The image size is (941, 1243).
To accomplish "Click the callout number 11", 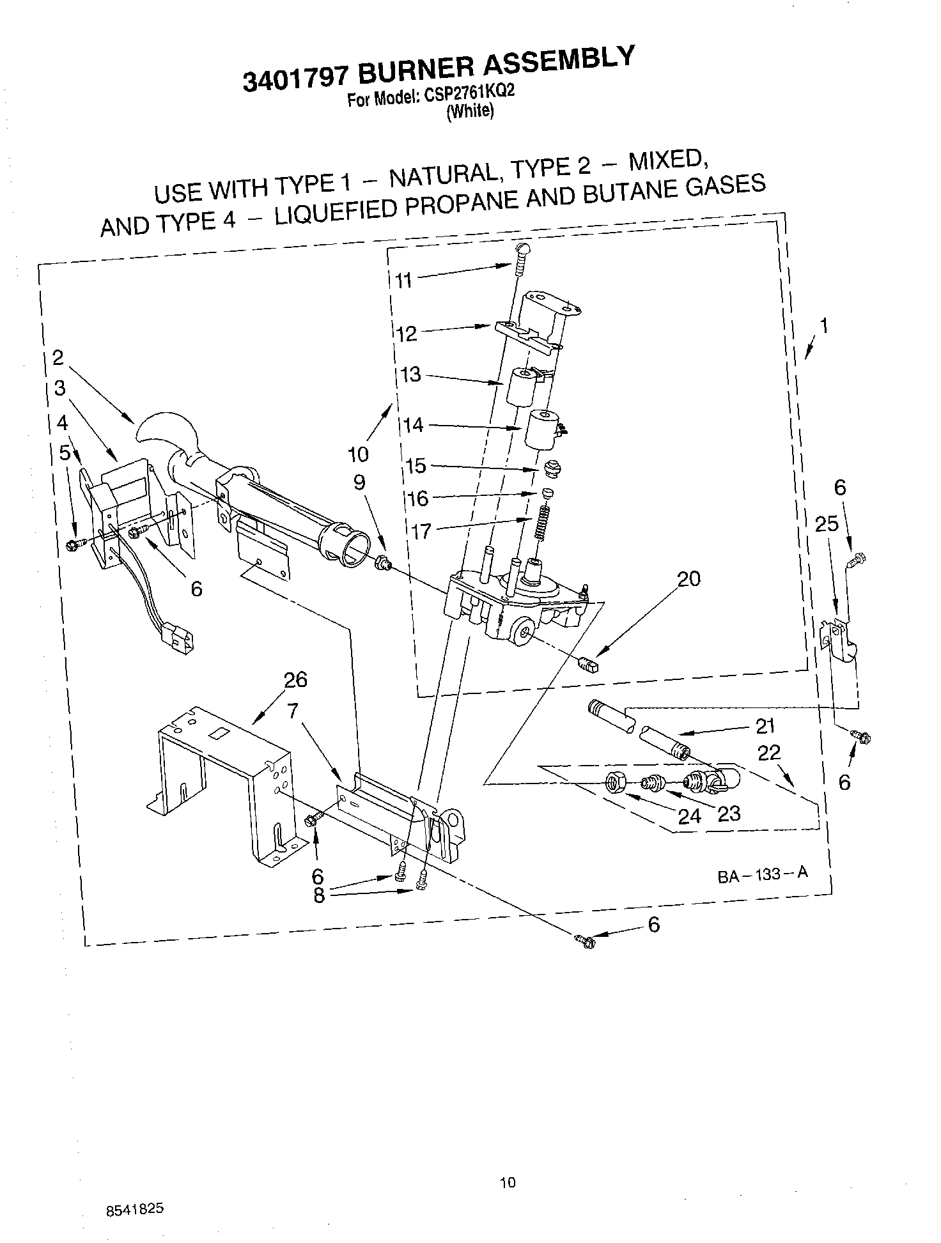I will click(x=403, y=280).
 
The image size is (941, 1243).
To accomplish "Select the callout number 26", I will click(x=296, y=679).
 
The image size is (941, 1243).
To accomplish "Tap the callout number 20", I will click(x=688, y=578).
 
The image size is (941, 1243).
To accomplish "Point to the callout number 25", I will click(x=827, y=525).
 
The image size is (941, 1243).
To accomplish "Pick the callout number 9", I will click(x=359, y=483).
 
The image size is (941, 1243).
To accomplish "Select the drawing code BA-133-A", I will click(x=763, y=874).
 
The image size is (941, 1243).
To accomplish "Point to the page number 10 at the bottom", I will click(x=508, y=1183).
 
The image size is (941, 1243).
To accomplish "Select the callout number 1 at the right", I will click(x=824, y=327).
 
